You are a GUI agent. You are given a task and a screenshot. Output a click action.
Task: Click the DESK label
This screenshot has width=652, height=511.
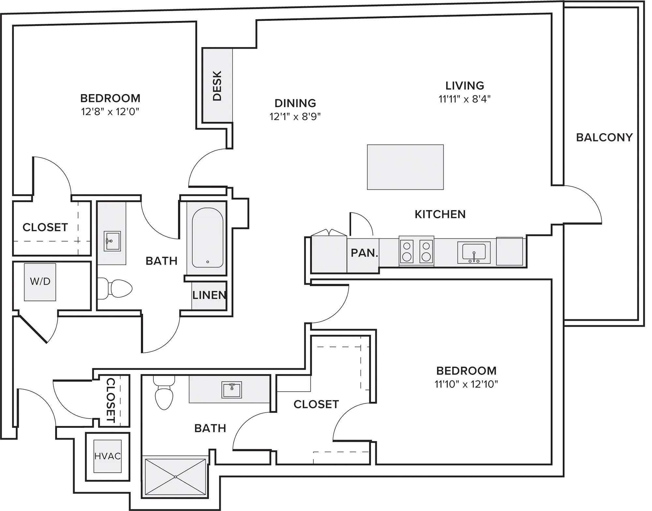click(x=217, y=85)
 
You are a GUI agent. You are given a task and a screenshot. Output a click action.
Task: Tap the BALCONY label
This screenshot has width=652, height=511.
click(x=604, y=137)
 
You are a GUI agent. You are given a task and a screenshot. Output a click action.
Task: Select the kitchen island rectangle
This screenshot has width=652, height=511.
click(x=405, y=167)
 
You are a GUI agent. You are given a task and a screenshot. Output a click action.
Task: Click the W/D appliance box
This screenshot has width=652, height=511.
click(x=40, y=282)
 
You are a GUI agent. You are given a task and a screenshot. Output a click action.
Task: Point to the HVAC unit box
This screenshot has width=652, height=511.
click(x=108, y=456)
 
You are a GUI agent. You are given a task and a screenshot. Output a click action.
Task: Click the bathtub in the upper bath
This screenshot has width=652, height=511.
click(x=208, y=237)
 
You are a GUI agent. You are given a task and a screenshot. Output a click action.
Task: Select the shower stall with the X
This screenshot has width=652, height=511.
click(x=175, y=477)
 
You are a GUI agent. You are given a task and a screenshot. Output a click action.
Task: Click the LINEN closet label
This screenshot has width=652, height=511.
click(x=209, y=295)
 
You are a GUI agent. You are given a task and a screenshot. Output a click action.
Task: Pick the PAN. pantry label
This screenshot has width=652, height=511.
click(x=364, y=253)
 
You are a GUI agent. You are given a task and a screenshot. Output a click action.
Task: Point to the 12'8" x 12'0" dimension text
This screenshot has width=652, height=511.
click(x=110, y=112)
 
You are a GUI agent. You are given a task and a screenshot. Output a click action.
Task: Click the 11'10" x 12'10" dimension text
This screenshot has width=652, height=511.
click(x=466, y=384)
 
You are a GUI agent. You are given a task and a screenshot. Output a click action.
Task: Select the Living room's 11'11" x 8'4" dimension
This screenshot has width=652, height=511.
click(x=465, y=99)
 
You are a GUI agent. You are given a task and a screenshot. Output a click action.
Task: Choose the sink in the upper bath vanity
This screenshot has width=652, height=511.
click(x=112, y=241)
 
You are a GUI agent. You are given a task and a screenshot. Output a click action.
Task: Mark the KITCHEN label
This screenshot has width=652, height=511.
click(x=440, y=214)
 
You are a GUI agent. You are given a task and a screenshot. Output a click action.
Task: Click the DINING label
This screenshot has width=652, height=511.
click(x=295, y=103)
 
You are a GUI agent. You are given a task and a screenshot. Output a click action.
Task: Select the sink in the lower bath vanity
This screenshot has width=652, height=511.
click(x=232, y=389)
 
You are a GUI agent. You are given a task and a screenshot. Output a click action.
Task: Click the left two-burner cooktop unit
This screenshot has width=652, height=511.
click(x=407, y=251)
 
